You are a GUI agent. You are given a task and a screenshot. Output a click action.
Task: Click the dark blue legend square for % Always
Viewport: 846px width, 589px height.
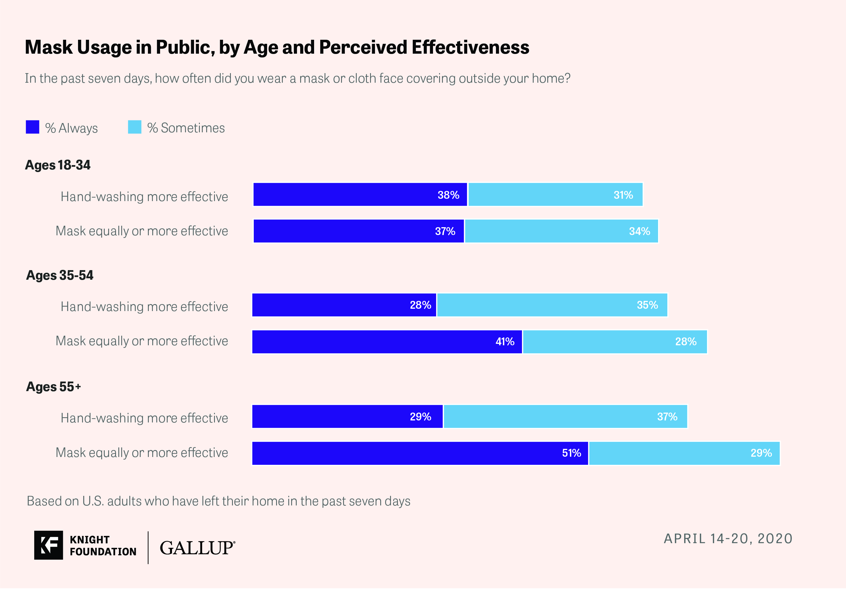point(32,127)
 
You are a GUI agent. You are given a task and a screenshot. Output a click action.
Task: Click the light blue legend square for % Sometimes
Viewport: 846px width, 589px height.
point(135,127)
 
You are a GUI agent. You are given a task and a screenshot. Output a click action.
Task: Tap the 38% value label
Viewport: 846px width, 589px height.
point(448,195)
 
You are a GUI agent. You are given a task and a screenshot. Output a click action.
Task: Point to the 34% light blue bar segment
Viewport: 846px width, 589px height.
point(561,231)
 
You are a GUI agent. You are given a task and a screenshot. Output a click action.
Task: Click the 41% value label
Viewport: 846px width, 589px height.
point(505,342)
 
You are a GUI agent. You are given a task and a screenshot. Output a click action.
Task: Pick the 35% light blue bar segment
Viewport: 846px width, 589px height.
point(552,305)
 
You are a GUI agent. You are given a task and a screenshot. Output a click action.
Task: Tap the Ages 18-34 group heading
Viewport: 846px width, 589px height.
point(58,165)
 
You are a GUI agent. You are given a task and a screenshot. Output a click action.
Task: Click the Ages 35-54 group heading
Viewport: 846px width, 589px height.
point(60,275)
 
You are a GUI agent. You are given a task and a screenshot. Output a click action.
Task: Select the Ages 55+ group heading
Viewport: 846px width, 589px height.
point(53,387)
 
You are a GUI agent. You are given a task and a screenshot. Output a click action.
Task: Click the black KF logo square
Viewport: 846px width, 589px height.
point(49,545)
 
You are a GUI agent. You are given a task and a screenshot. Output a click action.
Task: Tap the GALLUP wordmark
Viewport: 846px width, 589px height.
point(198,548)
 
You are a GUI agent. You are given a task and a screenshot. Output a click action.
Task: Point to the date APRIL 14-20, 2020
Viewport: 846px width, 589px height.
point(728,539)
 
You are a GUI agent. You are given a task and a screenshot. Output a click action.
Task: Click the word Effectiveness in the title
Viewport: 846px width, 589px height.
point(470,47)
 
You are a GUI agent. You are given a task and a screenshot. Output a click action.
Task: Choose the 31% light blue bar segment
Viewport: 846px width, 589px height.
point(556,195)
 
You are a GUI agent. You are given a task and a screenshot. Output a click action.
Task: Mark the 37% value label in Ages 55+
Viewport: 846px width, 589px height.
point(667,417)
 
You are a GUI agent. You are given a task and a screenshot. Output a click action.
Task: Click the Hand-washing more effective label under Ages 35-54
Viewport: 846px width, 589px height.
point(144,307)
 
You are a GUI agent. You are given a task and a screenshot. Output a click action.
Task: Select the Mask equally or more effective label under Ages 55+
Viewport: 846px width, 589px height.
point(142,453)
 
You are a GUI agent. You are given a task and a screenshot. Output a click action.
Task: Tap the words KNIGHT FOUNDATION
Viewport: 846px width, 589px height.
point(103,545)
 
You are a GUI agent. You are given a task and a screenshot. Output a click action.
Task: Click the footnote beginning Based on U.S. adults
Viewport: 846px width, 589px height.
point(218,501)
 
